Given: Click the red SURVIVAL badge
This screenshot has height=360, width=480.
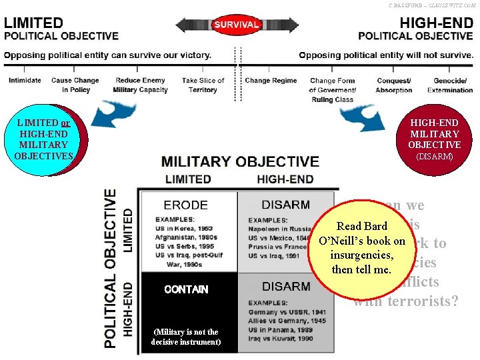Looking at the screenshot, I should click(x=236, y=25).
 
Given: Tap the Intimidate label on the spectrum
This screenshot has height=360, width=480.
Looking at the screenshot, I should click(x=25, y=81).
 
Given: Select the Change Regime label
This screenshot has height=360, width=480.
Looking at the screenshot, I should click(x=271, y=81).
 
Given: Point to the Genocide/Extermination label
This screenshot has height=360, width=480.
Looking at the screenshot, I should click(x=449, y=85).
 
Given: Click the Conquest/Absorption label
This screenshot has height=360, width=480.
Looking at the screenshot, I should click(x=394, y=85).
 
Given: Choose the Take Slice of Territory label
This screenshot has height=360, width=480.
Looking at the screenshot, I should click(x=203, y=85).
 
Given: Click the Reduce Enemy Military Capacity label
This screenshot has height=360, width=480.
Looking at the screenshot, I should click(x=139, y=85).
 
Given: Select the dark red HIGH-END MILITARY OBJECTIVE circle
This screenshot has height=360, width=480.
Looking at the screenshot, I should click(x=434, y=139).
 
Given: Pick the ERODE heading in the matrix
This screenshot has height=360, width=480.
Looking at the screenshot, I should click(x=186, y=205).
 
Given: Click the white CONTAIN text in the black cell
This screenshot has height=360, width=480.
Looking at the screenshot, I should click(x=186, y=289).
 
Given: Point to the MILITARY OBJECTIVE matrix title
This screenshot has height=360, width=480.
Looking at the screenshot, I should click(x=240, y=161).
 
